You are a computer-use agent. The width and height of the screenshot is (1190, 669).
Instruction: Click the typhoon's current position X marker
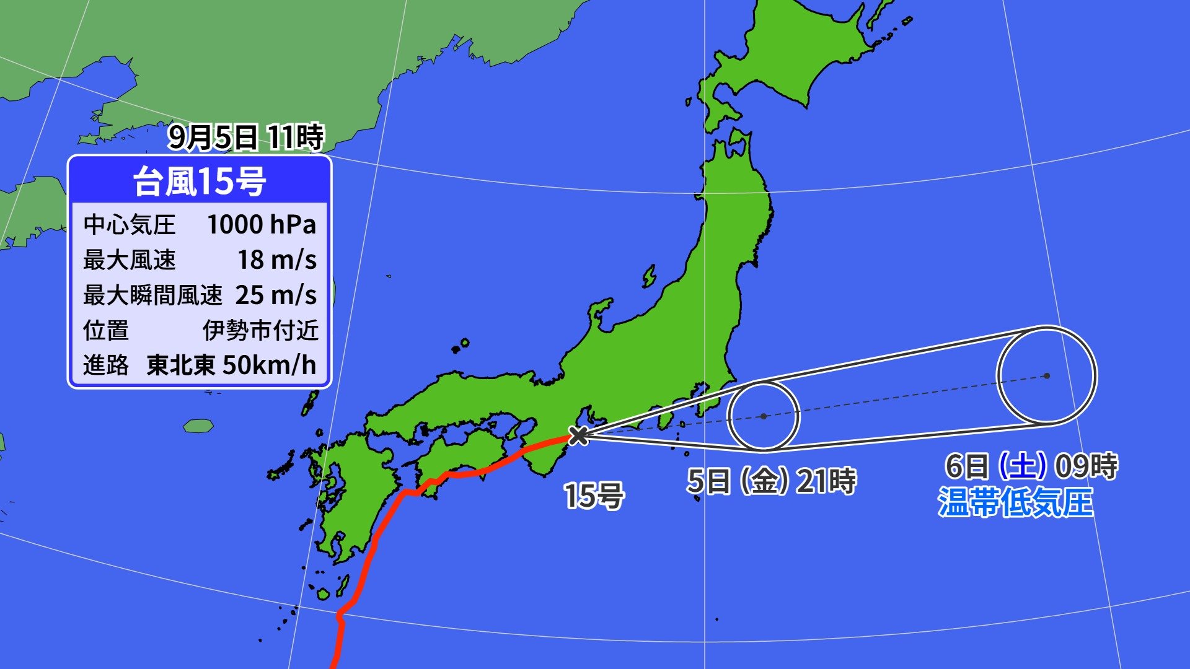pos(578,435)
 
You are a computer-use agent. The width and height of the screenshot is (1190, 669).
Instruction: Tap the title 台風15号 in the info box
pos(200,181)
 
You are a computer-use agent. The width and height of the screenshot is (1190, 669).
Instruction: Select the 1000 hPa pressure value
pos(261,224)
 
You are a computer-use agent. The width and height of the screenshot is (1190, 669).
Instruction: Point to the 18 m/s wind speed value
pos(277,260)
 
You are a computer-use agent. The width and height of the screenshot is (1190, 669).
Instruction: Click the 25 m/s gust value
pos(276,295)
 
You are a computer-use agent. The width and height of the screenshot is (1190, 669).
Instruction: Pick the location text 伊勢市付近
pos(260,330)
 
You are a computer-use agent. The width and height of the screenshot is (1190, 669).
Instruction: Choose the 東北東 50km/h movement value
pos(231,365)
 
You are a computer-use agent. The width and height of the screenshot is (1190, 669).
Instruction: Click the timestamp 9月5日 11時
pos(245,137)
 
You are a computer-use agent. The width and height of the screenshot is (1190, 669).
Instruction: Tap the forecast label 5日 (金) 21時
pos(771,481)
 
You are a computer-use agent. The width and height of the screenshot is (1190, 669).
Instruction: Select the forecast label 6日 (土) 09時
pos(1031,466)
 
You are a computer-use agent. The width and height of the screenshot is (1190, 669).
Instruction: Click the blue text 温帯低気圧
pos(1015,502)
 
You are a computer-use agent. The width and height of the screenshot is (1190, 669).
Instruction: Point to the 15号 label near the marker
pos(593,496)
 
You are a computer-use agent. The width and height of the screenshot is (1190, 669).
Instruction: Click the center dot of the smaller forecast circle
pos(764,416)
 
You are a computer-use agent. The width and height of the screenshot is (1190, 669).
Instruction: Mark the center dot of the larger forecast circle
pos(1047,375)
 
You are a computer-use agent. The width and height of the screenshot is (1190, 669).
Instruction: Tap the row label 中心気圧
pos(130,224)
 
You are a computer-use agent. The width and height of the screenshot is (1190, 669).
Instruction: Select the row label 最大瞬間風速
pos(152,295)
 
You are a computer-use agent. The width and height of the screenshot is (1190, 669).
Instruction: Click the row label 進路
pos(106,365)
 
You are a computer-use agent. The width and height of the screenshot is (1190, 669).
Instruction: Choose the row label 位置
pos(106,330)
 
